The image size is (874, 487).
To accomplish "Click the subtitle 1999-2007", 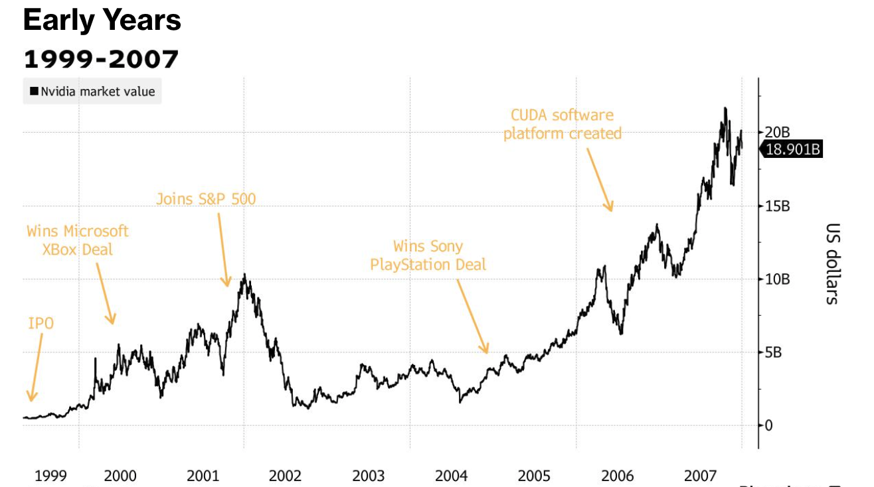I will (101, 59).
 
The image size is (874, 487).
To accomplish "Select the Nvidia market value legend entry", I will (92, 91).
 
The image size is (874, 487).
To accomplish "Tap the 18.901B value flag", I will (793, 149).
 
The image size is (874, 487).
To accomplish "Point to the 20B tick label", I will (777, 132).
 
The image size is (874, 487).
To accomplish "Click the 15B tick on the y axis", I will (777, 206).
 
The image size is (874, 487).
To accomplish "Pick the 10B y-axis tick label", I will (777, 279).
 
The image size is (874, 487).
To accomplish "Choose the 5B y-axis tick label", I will (774, 352).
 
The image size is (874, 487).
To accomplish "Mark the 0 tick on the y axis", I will (769, 425).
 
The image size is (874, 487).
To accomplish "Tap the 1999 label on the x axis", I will (50, 476).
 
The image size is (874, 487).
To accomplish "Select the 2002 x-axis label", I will (285, 476).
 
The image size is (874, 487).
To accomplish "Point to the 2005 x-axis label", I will (534, 476).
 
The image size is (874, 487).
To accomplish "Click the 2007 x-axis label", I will (700, 476).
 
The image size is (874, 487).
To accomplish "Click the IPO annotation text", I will (41, 324).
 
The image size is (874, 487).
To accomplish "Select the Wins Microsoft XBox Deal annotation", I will (78, 240).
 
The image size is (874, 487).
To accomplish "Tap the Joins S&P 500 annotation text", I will (206, 198).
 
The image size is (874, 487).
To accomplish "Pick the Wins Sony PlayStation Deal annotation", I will (428, 255).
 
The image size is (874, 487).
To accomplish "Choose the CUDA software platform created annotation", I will (563, 125).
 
